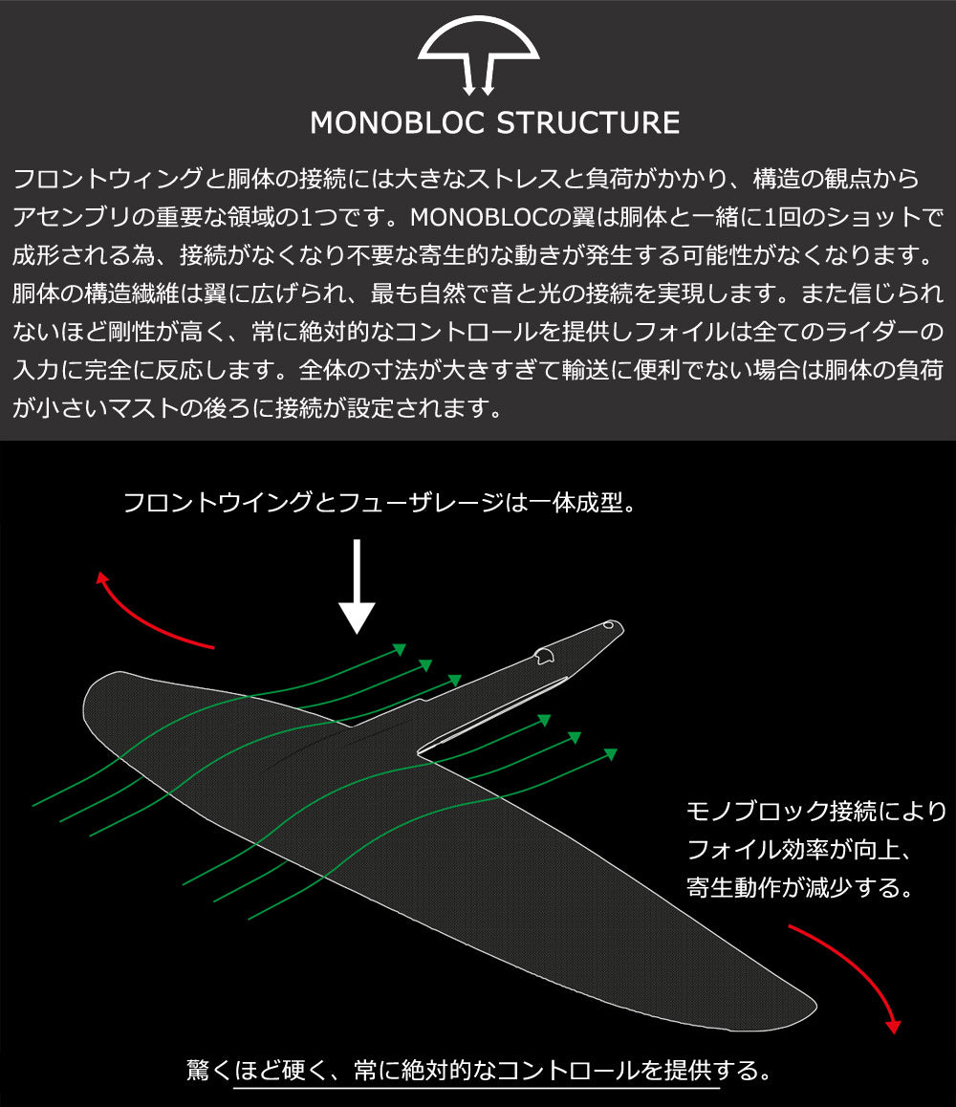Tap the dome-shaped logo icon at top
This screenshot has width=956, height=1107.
click(478, 53)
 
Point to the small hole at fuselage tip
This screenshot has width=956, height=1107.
click(609, 629)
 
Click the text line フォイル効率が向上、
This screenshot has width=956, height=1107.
click(803, 850)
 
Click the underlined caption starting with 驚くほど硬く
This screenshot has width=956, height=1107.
click(478, 1070)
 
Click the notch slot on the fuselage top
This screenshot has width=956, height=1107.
click(545, 655)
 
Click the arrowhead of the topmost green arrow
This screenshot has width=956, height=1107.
click(401, 650)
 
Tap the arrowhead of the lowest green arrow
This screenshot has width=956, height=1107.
click(611, 754)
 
